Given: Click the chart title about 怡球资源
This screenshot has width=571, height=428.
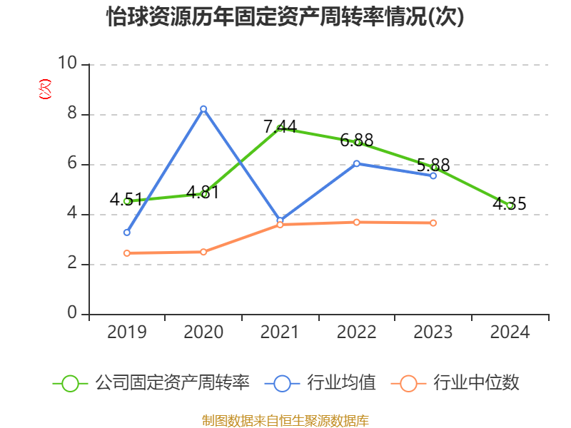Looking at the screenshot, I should (285, 17).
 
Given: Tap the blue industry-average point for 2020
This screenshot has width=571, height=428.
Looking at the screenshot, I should (203, 108).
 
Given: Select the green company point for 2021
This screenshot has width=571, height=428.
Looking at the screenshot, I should (280, 128).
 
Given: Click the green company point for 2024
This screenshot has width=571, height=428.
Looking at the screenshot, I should (510, 205).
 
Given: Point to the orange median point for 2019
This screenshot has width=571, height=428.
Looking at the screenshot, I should (127, 253).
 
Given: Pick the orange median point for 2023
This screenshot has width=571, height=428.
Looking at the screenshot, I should (433, 223).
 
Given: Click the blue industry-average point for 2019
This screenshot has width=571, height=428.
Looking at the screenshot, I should (127, 233).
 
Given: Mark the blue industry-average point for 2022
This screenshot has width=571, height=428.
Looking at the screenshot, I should (357, 163).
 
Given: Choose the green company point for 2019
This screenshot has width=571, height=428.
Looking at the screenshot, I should (127, 201).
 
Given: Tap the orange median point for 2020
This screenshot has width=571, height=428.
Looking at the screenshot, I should (203, 252).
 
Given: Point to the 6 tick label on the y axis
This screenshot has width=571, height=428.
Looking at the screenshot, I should (71, 164).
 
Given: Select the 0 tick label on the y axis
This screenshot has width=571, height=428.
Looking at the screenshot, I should (71, 314).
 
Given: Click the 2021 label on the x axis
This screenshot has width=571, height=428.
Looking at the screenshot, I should (280, 332).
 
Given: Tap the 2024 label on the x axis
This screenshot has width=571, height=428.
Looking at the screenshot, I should (510, 332).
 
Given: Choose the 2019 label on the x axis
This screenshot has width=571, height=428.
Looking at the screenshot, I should (127, 332).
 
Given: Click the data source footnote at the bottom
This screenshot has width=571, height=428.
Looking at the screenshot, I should (285, 420).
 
